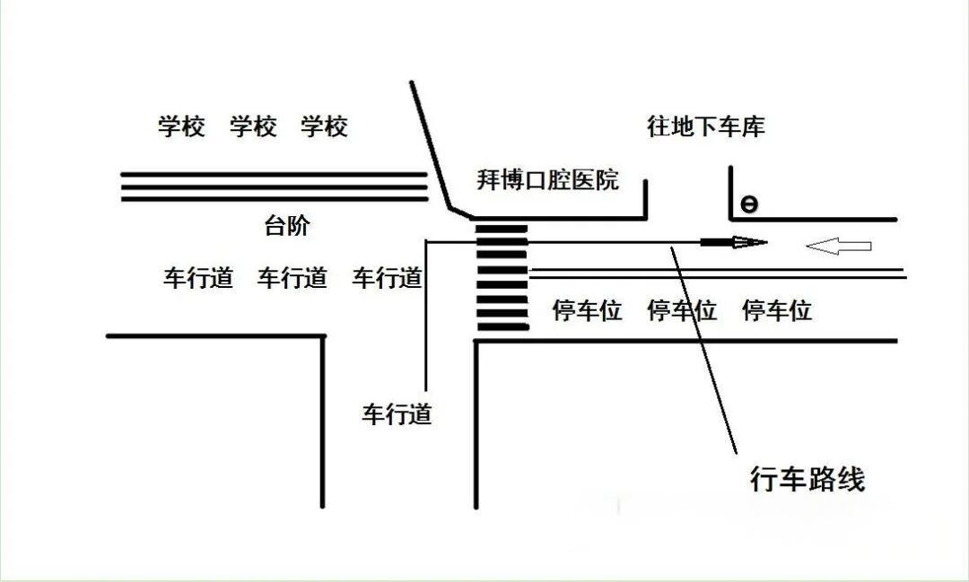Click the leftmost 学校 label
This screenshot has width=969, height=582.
pos(181,126)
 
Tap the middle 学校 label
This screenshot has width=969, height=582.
pos(253,126)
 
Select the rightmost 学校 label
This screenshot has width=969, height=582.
pos(324,126)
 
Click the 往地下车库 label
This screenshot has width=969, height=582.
pos(706,126)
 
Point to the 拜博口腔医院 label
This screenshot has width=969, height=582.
pos(547,179)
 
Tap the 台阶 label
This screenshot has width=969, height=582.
pos(287,226)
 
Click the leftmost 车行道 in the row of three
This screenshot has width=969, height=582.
pos(198,278)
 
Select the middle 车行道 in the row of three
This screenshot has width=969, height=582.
pos(292,278)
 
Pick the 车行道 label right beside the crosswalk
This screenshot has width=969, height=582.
pos(387,278)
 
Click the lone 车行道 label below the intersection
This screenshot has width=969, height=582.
pos(397,414)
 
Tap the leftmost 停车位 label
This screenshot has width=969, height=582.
pos(588,311)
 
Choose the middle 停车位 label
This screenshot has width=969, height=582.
pos(682,311)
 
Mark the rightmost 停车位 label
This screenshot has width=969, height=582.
pos(777,311)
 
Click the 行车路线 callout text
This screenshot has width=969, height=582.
pos(807,479)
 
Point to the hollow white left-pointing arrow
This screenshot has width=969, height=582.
pos(838,246)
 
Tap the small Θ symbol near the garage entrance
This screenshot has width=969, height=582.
pos(748,205)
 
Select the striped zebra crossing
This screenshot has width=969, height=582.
pos(502,278)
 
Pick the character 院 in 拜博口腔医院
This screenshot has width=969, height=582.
pos(607,179)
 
